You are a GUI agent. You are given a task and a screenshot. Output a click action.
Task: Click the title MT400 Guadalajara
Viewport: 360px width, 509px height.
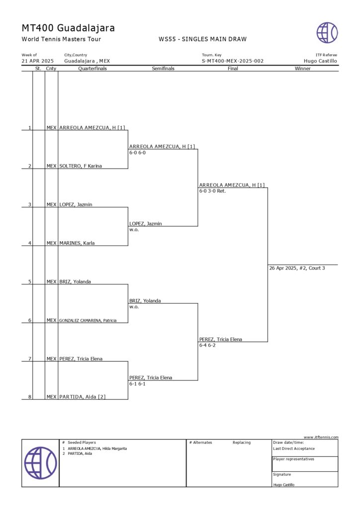tap(68, 28)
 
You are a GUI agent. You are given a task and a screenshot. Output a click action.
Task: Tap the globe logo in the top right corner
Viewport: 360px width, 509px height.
tap(327, 33)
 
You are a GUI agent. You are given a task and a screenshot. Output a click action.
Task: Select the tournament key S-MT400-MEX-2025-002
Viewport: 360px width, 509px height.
tap(232, 61)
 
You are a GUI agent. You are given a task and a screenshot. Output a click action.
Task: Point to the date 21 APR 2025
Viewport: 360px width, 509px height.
tap(37, 61)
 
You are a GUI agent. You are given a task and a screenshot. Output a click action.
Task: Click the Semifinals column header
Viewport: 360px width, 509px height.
tap(163, 69)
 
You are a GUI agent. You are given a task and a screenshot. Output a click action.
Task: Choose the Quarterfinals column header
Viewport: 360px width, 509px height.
tap(92, 69)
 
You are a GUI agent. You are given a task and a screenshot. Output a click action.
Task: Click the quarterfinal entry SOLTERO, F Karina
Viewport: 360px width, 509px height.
tap(81, 166)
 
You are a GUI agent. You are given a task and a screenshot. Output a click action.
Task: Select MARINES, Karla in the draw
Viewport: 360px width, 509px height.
tap(77, 243)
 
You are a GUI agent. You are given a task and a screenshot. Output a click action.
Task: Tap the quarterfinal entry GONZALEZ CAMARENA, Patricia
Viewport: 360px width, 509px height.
tap(88, 321)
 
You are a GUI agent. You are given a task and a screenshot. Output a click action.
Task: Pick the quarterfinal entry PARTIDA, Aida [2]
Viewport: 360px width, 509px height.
tap(82, 397)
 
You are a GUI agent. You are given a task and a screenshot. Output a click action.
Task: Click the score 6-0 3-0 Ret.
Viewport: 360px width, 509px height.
tap(212, 191)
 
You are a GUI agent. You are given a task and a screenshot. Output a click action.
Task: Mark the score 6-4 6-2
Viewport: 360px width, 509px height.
tap(207, 345)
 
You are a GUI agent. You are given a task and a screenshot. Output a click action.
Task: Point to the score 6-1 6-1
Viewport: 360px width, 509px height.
tap(137, 384)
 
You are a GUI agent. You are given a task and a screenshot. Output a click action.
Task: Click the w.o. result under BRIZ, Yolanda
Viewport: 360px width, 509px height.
tap(133, 307)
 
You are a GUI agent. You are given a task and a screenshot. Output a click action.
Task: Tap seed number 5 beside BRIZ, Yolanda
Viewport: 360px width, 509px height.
tap(29, 282)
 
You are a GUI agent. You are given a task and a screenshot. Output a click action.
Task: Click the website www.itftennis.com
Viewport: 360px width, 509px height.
tap(321, 437)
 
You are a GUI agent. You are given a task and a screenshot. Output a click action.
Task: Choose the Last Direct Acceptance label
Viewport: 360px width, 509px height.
tap(294, 448)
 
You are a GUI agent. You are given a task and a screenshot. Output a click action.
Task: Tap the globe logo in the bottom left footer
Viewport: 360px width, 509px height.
tap(40, 463)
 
